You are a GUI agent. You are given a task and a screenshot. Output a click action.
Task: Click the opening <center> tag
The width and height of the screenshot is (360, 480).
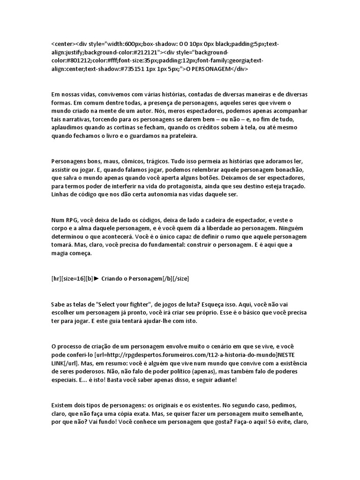[63, 44]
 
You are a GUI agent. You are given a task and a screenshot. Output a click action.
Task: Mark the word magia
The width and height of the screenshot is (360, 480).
[61, 254]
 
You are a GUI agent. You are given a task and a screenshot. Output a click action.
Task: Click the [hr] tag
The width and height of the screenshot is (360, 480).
[57, 278]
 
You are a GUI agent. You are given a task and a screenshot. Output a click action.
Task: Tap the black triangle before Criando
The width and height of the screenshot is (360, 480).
[97, 278]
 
